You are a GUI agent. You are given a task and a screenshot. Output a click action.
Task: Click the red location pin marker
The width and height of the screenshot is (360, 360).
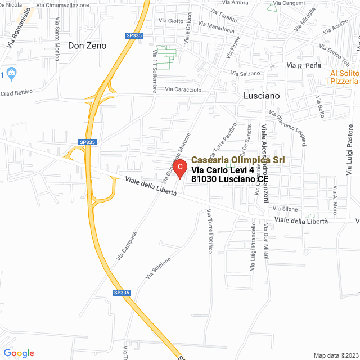tap(179, 167)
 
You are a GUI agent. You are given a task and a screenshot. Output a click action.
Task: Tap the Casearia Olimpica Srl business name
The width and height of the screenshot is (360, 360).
tap(237, 160)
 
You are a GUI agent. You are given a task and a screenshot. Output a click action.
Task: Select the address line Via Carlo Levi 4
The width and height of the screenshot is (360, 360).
tap(223, 170)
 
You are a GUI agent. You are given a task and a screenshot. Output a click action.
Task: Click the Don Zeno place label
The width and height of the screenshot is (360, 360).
tap(87, 46)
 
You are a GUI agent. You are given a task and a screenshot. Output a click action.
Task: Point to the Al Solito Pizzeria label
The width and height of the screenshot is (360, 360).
tap(344, 77)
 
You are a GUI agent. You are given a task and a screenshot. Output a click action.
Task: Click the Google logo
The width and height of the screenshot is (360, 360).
tap(19, 353)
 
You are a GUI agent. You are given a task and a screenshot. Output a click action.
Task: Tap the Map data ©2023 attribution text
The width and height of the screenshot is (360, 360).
tap(336, 355)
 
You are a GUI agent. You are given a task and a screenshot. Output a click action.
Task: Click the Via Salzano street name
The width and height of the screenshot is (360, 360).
tap(246, 73)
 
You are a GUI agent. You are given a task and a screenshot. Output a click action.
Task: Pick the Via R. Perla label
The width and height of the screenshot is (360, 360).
tap(304, 65)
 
